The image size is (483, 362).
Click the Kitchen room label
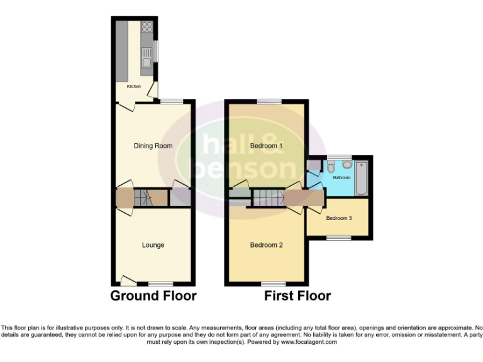click(x=134, y=86)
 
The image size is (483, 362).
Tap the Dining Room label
click(x=153, y=146)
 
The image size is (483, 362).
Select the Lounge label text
click(x=153, y=244)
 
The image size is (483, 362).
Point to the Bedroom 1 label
click(x=267, y=146)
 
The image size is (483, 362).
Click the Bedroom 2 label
click(x=267, y=244)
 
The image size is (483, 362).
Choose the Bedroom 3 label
click(x=339, y=218)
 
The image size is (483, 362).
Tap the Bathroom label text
click(x=341, y=178)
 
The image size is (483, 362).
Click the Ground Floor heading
click(x=153, y=295)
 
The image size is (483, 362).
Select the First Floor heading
click(x=297, y=295)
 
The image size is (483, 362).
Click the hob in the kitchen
click(x=147, y=27)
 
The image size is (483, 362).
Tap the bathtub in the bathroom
click(x=361, y=178)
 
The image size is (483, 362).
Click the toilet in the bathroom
click(x=331, y=167)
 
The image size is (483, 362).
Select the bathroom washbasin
click(x=347, y=165)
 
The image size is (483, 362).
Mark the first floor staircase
click(x=267, y=199)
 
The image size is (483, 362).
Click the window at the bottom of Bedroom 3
click(x=338, y=238)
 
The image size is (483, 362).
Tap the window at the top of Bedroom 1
click(x=269, y=101)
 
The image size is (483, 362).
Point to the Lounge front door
click(x=130, y=280)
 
